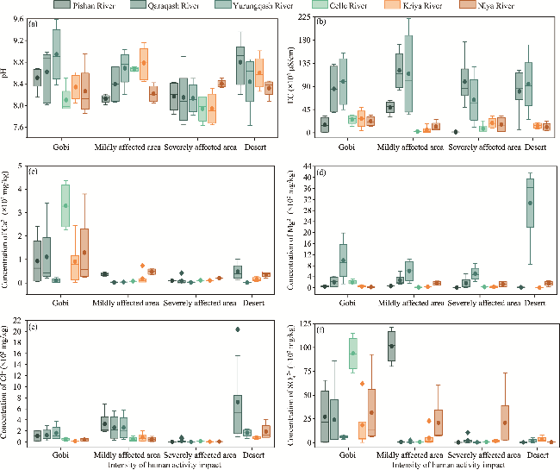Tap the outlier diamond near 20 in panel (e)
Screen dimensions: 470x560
pyautogui.click(x=237, y=329)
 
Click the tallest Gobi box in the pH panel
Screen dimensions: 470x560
pyautogui.click(x=57, y=53)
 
